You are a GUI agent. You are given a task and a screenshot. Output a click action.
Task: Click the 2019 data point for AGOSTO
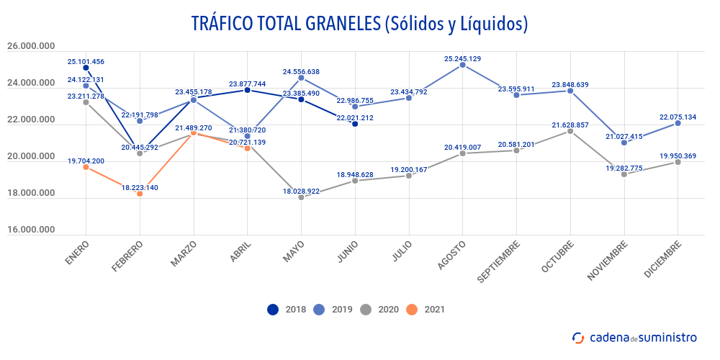[462, 65]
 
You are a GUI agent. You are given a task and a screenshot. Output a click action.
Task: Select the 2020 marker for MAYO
[301, 197]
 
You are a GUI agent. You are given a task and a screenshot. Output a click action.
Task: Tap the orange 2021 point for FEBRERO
[140, 194]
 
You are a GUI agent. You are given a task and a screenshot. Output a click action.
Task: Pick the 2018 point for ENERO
[86, 68]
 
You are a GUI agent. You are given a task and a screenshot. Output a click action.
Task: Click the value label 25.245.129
[463, 58]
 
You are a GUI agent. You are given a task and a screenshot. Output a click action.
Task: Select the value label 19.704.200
[86, 161]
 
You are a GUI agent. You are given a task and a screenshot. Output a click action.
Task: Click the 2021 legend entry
[425, 310]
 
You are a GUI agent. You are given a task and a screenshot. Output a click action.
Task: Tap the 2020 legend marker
[366, 310]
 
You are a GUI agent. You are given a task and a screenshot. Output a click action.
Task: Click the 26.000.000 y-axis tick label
[31, 47]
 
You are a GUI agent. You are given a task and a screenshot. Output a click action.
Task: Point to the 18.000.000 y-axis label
[31, 193]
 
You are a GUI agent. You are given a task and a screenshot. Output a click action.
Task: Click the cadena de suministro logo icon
[578, 337]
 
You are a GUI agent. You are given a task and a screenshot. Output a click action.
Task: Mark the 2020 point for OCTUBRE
[570, 131]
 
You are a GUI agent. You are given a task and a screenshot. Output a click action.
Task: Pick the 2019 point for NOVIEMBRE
[624, 143]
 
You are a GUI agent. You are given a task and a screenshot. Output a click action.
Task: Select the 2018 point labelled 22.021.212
[355, 124]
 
